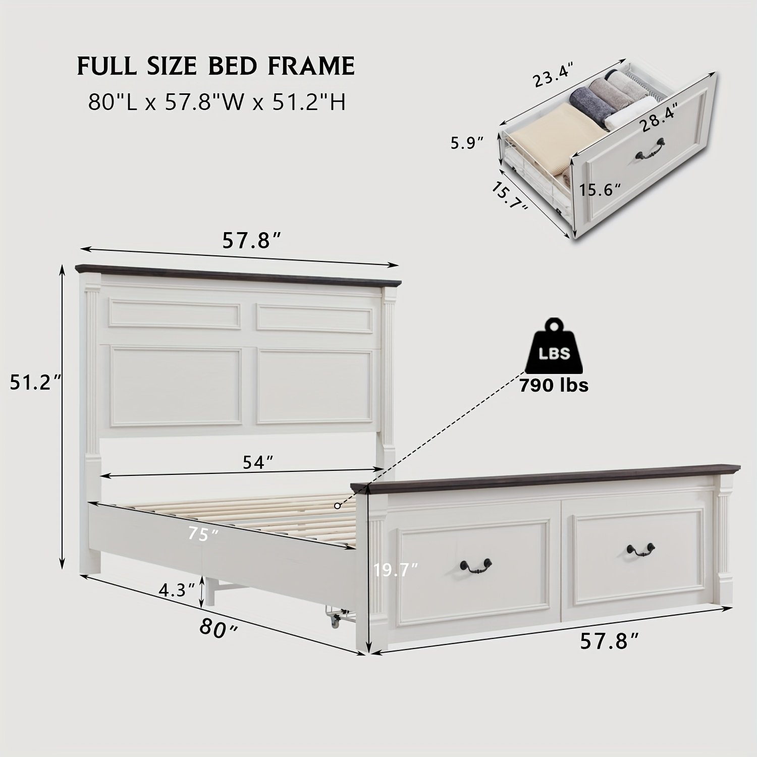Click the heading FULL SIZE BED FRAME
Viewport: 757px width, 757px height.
pos(216,66)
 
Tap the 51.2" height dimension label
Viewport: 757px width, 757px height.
pos(36,383)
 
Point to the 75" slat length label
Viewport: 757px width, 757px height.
pos(203,534)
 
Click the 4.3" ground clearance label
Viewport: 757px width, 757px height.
pos(177,589)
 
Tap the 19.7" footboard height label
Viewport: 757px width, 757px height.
pos(396,570)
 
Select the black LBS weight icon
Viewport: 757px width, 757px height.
pos(554,348)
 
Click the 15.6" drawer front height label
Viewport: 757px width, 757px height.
pos(599,190)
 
